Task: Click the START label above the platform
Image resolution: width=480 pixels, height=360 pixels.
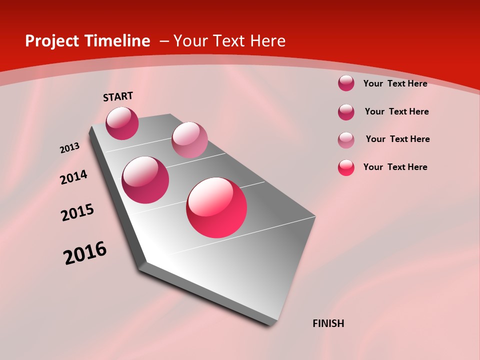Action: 118,96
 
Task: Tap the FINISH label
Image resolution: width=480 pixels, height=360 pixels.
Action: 328,323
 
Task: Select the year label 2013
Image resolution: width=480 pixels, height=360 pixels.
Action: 69,148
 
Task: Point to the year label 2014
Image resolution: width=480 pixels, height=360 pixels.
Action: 73,177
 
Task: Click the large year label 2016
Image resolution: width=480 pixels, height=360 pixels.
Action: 85,252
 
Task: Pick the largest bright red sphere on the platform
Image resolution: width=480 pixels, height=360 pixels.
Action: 216,207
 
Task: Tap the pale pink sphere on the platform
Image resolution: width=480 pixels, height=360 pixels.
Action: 189,140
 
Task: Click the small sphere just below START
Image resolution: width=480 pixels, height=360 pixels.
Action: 122,123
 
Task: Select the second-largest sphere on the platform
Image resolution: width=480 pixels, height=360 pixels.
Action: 145,180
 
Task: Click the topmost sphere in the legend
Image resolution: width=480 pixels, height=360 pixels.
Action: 346,83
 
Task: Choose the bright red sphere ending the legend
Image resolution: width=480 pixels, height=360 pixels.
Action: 346,167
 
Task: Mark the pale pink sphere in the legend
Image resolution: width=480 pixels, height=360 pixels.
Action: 346,140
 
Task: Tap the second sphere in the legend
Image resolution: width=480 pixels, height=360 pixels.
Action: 346,112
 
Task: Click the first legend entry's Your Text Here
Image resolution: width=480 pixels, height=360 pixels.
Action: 395,83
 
